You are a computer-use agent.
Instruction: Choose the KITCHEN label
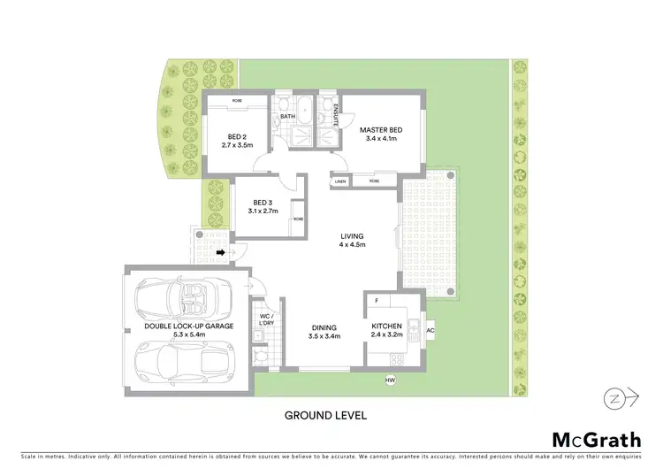(x=386, y=327)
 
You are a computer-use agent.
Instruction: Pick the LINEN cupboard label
(x=340, y=181)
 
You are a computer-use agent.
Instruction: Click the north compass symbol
(x=622, y=399)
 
